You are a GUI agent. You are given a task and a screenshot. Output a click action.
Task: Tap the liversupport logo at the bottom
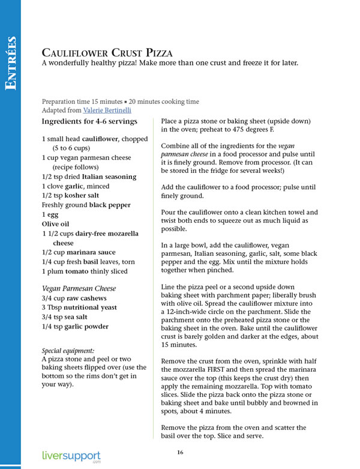(x=71, y=457)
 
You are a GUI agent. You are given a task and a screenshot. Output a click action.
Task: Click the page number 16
(x=179, y=452)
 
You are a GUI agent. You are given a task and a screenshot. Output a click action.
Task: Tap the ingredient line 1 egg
(x=51, y=214)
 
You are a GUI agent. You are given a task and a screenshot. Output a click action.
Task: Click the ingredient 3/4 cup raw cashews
(x=74, y=298)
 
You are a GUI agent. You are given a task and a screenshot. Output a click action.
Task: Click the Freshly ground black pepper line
(x=86, y=205)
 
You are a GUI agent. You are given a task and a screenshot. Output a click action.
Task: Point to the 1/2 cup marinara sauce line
(x=78, y=252)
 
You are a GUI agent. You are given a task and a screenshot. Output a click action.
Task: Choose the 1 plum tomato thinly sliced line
(x=86, y=271)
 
